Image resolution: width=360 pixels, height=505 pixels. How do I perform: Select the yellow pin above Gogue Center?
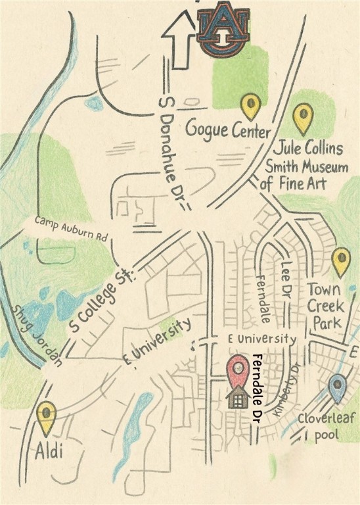250,105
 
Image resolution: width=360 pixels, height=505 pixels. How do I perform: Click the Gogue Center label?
227,130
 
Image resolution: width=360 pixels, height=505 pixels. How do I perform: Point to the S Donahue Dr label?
171,151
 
